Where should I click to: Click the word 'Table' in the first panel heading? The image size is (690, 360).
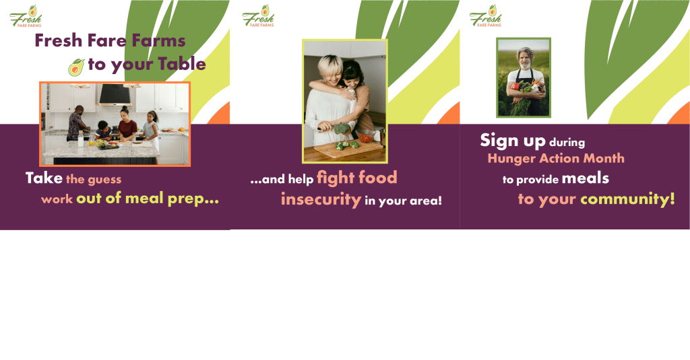(182, 64)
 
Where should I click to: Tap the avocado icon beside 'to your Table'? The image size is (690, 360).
(76, 67)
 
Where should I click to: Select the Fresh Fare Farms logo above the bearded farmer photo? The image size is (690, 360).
(485, 16)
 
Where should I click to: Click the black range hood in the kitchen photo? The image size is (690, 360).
(115, 94)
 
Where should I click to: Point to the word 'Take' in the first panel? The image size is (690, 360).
(44, 178)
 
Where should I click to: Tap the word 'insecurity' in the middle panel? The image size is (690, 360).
(321, 199)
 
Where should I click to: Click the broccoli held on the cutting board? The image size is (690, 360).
(341, 129)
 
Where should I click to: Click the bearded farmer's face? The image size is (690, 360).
(524, 59)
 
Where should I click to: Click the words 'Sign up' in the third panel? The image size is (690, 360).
(513, 141)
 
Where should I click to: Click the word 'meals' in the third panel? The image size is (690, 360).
(586, 178)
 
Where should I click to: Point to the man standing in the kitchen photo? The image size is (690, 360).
(76, 124)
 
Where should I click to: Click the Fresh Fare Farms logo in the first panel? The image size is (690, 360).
(26, 16)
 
